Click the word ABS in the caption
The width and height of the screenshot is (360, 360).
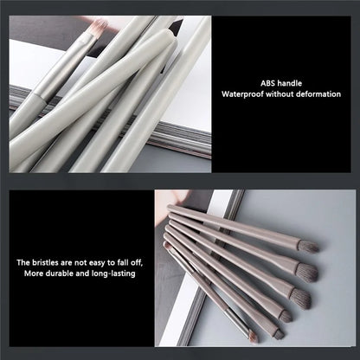pos(267,83)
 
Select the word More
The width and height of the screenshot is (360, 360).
pos(34,273)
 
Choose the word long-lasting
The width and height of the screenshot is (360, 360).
pos(113,273)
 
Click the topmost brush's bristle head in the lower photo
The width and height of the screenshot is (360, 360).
pos(308,247)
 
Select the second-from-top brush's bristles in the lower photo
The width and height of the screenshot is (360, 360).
pos(307,272)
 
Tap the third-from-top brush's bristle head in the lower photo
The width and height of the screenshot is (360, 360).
pos(300,298)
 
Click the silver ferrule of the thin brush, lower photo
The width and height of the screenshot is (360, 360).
pos(236,320)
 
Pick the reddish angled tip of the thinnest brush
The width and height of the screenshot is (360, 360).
pos(253,337)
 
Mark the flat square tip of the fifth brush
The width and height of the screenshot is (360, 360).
pos(279,334)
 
